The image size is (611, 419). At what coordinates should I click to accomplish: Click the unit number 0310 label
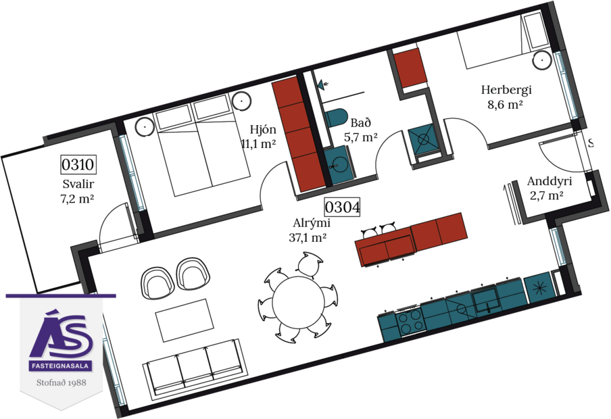pos(78,164)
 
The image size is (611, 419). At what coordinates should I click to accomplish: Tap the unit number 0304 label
pos(341,205)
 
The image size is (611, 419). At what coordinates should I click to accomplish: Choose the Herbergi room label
pos(506,90)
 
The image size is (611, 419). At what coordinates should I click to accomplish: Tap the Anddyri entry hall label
pos(549,182)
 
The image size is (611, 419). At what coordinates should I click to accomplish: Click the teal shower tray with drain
pos(424,141)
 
